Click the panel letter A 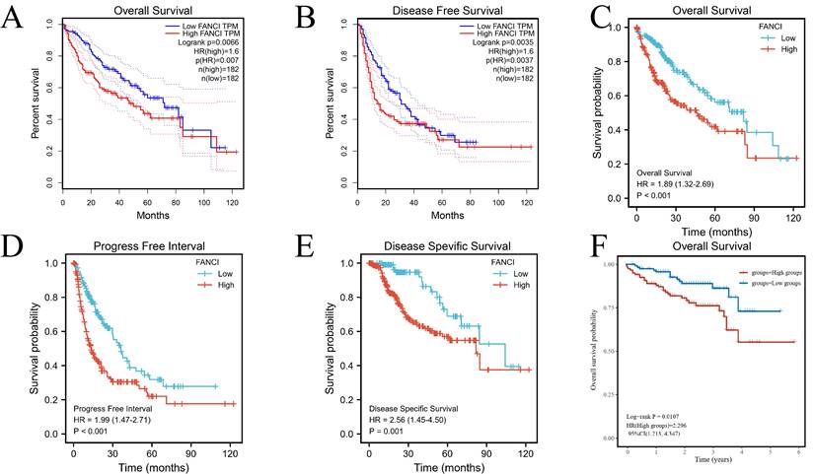pos(15,21)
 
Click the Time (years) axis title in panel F pos(710,459)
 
